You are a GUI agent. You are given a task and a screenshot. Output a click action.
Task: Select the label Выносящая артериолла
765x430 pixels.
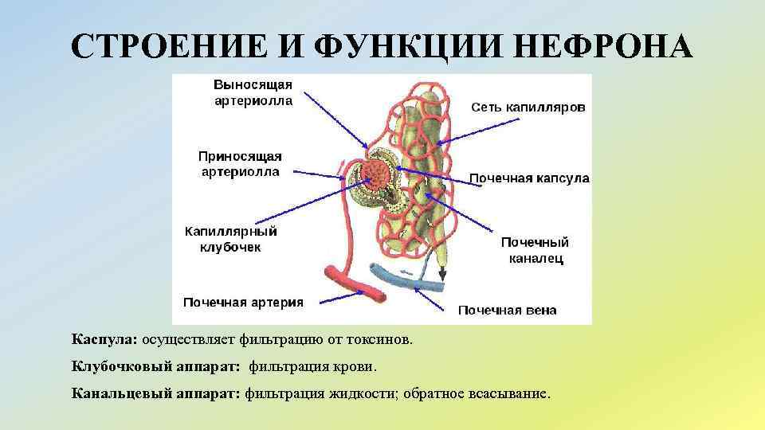point(253,92)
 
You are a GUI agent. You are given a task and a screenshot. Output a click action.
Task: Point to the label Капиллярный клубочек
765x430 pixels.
point(230,239)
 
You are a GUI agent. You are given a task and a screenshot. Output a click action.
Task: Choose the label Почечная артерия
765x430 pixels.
point(243,302)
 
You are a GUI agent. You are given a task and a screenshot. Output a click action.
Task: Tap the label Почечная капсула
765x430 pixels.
point(529,178)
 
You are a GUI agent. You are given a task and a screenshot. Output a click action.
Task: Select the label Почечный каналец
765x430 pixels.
point(535,249)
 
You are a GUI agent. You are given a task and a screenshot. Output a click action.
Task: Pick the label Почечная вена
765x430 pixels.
point(507,310)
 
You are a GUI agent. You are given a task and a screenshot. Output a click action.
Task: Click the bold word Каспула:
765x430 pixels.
point(104,340)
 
